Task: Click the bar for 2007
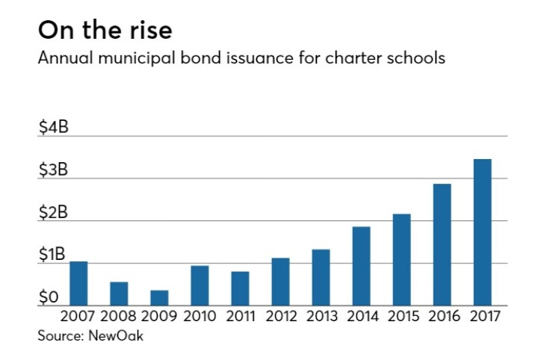[78, 284]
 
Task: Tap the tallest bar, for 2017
[482, 232]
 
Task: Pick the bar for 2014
[361, 266]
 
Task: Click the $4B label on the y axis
[53, 128]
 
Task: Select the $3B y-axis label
[53, 170]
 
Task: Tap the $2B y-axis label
[53, 213]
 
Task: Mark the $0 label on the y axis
[49, 298]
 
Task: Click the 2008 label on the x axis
[119, 316]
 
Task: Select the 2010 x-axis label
[200, 316]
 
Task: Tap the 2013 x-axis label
[321, 316]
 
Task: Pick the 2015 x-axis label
[401, 316]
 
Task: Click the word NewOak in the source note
[115, 335]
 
